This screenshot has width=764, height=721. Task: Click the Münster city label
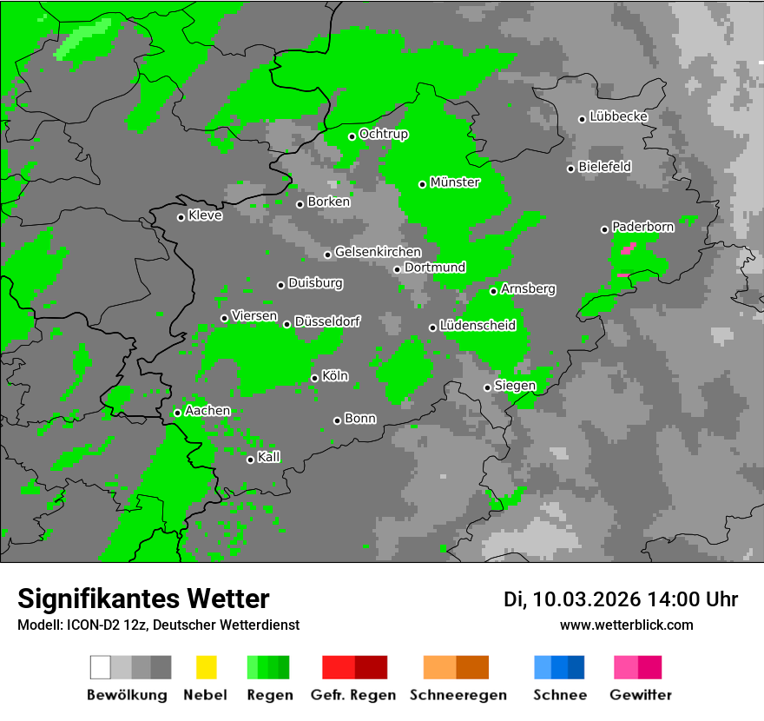tap(455, 182)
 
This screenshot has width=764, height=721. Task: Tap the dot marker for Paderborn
tap(605, 229)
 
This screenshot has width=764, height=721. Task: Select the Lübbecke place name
tap(619, 116)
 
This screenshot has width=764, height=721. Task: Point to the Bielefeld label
tap(605, 166)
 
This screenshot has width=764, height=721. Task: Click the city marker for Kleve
tap(181, 217)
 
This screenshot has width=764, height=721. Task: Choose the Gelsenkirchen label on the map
tap(378, 252)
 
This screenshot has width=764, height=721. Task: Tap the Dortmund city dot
tap(397, 269)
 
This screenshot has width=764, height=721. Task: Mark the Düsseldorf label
tap(326, 321)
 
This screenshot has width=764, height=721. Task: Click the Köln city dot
tap(314, 378)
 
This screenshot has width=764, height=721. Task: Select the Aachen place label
tap(207, 410)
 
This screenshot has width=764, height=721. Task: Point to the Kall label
tap(269, 457)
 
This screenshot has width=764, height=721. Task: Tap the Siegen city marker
tap(487, 387)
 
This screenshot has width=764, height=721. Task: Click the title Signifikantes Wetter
tap(143, 599)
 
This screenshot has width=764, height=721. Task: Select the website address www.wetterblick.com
tap(626, 625)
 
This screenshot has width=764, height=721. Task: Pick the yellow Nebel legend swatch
tap(206, 667)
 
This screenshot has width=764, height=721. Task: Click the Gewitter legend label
tap(641, 695)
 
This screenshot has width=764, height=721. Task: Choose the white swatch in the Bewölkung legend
tap(101, 667)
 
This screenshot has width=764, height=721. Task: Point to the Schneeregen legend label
tap(458, 695)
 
